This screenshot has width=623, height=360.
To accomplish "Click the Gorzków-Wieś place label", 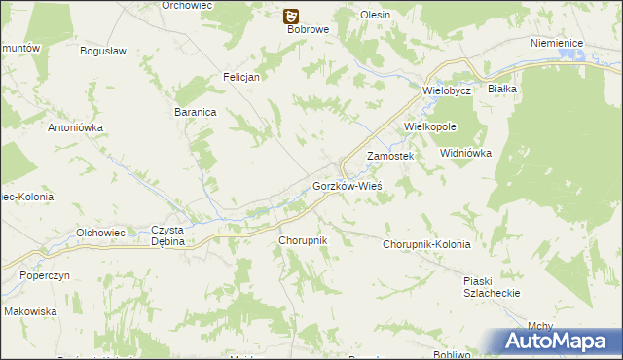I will click(347, 185).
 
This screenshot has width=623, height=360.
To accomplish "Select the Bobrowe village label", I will click(310, 29).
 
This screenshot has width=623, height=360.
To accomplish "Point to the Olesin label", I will click(375, 16).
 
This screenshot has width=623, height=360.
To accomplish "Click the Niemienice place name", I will click(557, 44).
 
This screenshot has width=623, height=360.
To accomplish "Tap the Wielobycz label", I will click(447, 90).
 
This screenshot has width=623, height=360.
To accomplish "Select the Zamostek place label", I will click(390, 156).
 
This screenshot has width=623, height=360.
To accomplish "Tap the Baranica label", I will click(195, 112).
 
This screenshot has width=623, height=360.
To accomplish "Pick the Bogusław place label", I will click(105, 51).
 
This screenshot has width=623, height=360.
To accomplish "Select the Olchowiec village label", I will click(100, 233).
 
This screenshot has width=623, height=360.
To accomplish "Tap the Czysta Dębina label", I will click(167, 236).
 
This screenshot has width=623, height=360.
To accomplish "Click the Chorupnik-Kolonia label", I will click(426, 244).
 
